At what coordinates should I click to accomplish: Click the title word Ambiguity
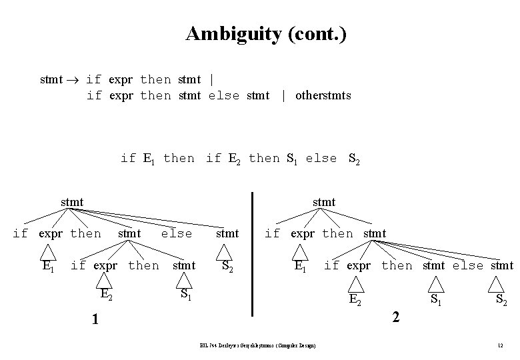tap(227, 33)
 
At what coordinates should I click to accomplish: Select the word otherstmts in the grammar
tap(323, 95)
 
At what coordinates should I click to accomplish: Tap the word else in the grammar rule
tap(223, 95)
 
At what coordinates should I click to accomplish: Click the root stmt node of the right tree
tap(324, 201)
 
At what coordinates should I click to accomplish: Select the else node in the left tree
tap(177, 233)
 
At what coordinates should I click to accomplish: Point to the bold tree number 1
tap(95, 320)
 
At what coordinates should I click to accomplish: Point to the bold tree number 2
tap(396, 317)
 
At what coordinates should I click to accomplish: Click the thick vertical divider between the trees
tap(253, 253)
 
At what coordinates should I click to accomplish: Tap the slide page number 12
tap(499, 345)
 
